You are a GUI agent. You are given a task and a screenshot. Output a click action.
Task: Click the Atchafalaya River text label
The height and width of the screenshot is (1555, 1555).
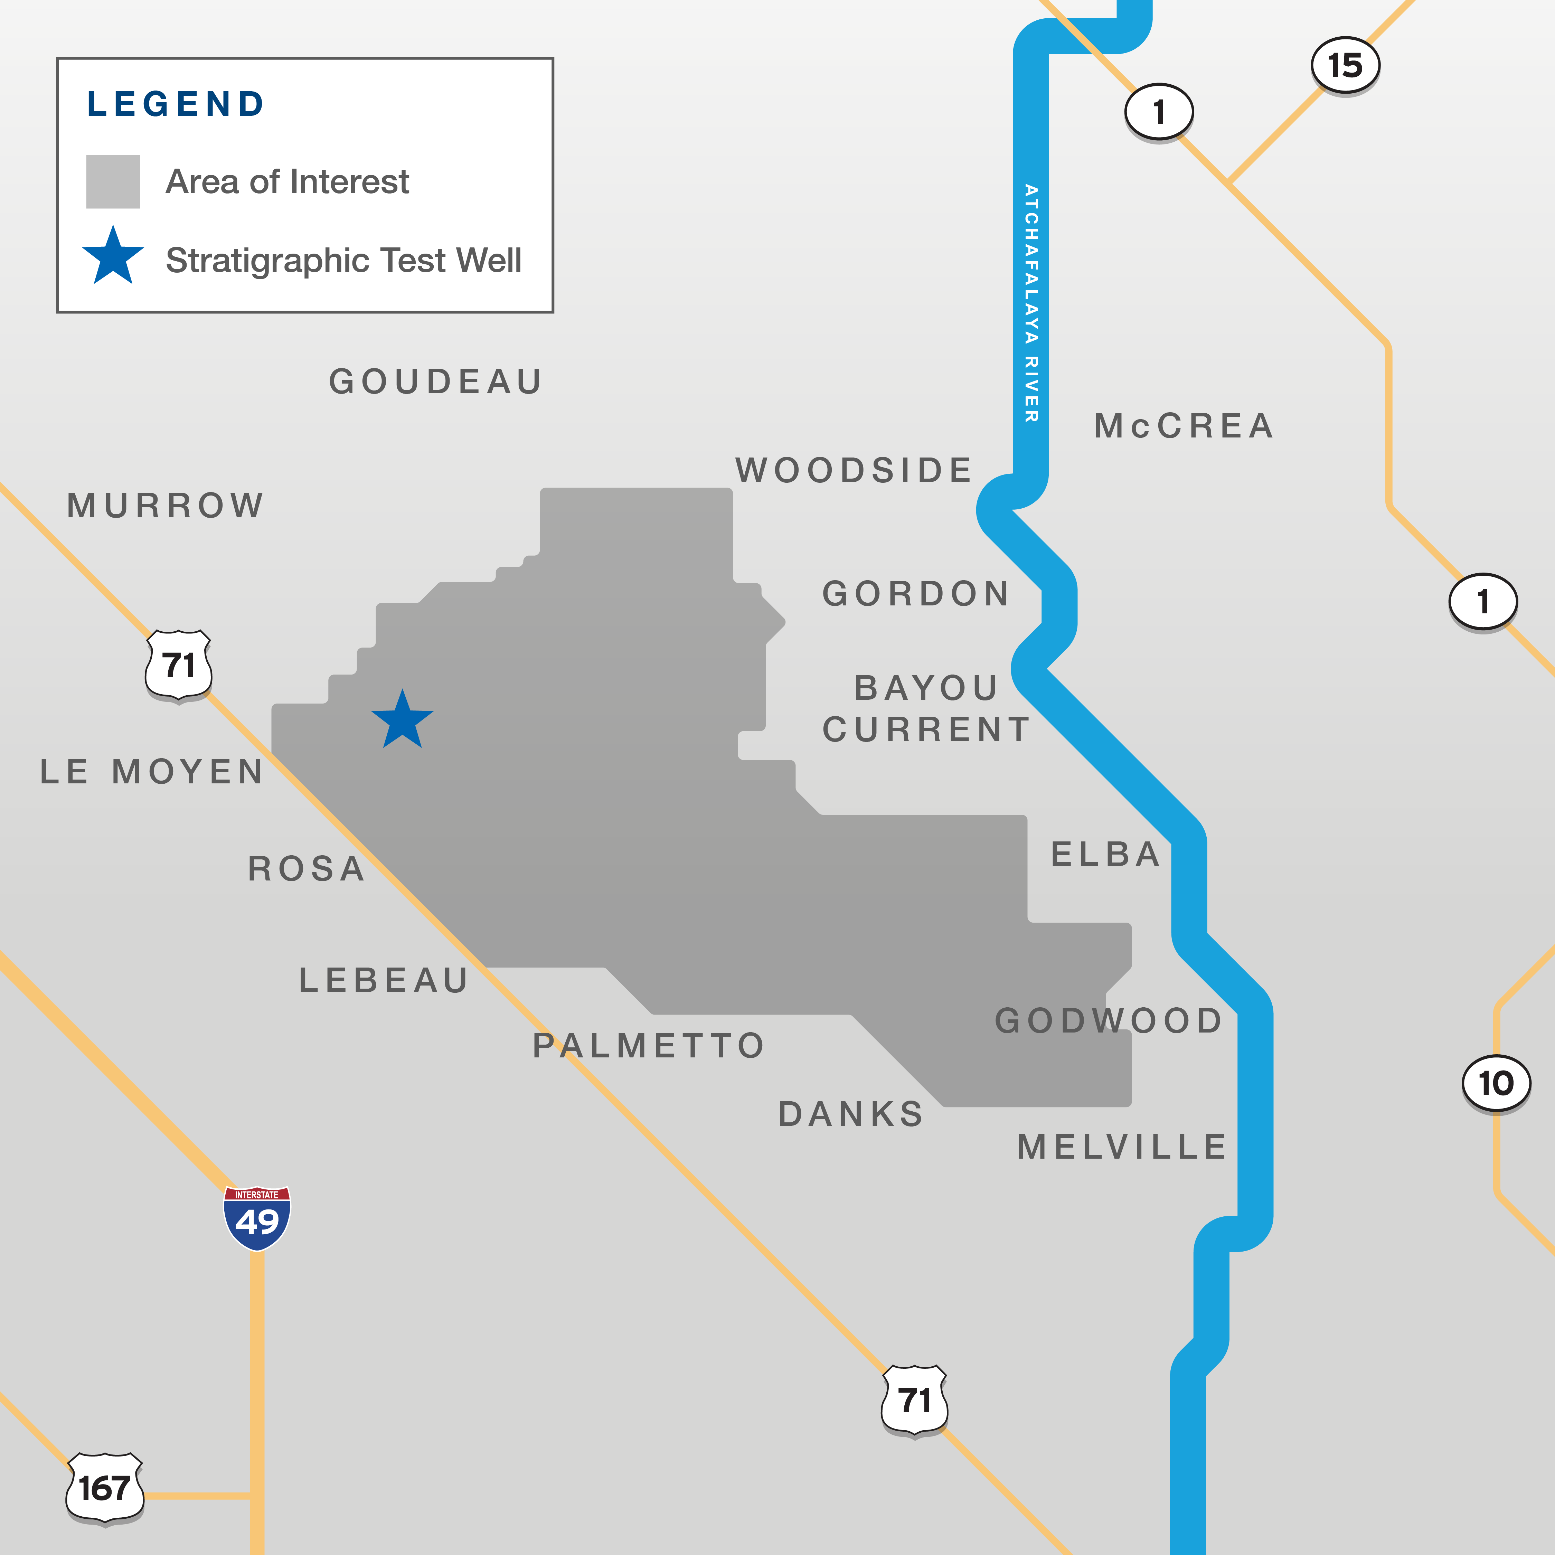[x=1031, y=303]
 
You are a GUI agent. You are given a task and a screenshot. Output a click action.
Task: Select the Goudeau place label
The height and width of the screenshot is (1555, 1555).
[x=435, y=381]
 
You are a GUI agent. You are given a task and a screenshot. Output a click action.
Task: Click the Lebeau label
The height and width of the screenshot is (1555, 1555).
[x=384, y=980]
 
